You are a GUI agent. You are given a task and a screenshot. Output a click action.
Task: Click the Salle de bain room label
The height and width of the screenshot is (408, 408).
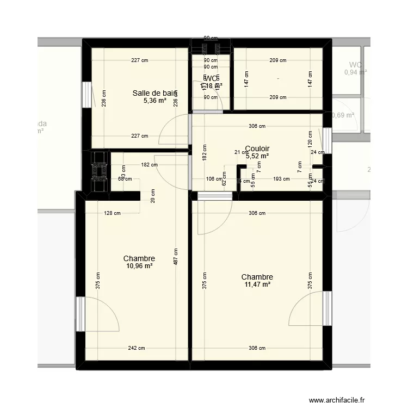click(x=155, y=93)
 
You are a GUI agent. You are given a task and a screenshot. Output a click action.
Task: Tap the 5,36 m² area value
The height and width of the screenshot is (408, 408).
click(x=155, y=101)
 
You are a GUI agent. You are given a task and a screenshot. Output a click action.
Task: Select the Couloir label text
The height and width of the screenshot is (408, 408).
click(x=257, y=149)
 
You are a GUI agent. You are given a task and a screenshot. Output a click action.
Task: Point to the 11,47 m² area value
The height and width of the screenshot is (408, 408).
click(x=257, y=284)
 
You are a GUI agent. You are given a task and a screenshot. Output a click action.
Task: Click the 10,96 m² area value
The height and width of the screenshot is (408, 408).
click(x=139, y=266)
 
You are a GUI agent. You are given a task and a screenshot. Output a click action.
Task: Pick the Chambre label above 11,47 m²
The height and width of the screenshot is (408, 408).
click(x=257, y=277)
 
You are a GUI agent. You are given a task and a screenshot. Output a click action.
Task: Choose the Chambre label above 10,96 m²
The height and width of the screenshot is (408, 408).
click(x=139, y=258)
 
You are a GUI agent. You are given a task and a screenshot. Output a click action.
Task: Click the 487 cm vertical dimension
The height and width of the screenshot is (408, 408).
click(x=176, y=257)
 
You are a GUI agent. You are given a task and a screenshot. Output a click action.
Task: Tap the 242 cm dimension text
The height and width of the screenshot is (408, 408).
click(x=137, y=348)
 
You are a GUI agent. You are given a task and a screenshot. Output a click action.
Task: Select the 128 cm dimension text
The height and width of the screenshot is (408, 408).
click(x=113, y=213)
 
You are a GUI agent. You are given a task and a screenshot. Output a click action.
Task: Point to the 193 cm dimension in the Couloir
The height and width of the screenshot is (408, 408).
click(x=281, y=178)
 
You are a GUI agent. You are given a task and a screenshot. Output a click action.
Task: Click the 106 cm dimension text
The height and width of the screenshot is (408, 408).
click(x=214, y=178)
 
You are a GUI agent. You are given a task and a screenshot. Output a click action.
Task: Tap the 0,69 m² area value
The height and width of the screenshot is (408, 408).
click(x=343, y=115)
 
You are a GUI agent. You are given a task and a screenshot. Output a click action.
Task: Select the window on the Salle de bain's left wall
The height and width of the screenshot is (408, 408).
click(x=86, y=95)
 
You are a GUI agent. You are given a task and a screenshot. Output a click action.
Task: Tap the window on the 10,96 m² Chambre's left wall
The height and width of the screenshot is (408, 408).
click(x=80, y=314)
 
